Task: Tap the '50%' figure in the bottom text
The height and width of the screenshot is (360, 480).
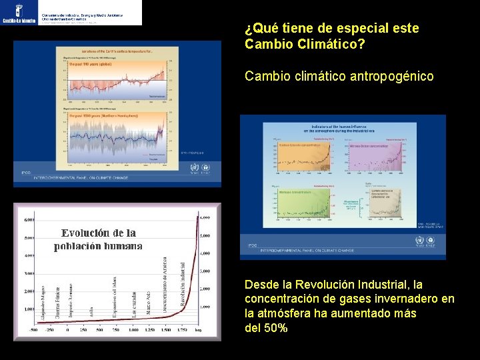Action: coord(275,327)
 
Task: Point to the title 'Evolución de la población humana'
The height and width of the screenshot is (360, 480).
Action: coord(98,239)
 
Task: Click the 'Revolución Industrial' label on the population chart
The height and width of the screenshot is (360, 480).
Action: coord(183,283)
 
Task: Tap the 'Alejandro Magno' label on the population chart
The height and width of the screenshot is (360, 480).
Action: coord(45,303)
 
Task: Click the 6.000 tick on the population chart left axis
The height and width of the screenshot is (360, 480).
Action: coord(29,219)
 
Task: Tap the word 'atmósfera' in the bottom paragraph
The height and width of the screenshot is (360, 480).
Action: coord(287,313)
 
